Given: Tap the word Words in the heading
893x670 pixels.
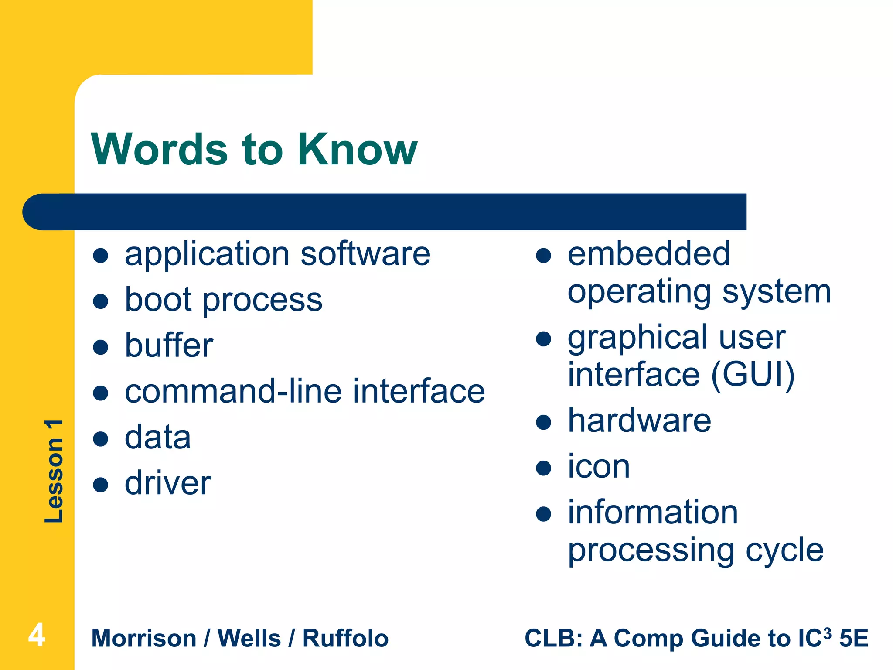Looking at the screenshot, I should tap(160, 149).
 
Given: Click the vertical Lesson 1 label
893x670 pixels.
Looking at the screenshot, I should tap(54, 471).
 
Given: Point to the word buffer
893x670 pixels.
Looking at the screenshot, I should tap(169, 345).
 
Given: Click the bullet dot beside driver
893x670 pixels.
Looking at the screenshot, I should tap(101, 484).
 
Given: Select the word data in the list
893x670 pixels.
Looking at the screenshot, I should tap(158, 437).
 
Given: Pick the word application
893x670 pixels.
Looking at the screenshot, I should tap(207, 255).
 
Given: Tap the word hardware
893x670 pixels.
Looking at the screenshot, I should tap(639, 420).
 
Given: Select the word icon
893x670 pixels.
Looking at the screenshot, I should tap(599, 467).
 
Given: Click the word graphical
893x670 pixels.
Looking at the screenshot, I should tap(639, 338).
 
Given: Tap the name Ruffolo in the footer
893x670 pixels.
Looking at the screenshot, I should tap(345, 639).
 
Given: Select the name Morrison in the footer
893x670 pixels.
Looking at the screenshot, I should tap(144, 639).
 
